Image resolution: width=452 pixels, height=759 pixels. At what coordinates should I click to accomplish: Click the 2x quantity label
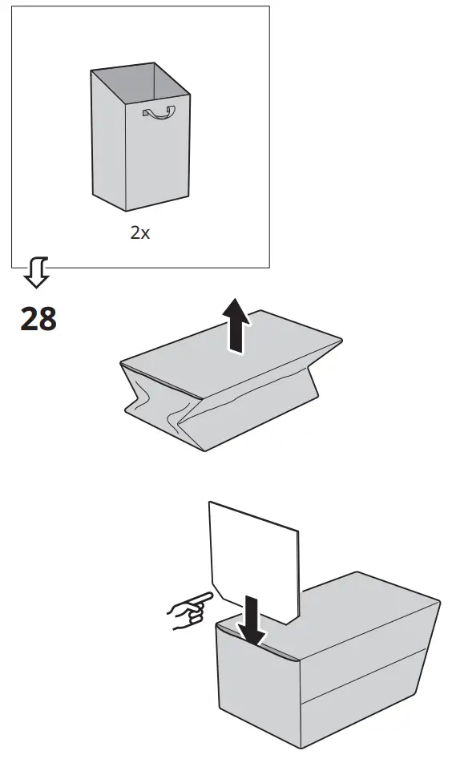tap(140, 234)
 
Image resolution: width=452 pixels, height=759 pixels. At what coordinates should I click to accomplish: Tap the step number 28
tap(38, 318)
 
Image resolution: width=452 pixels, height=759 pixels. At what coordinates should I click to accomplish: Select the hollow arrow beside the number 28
tap(36, 273)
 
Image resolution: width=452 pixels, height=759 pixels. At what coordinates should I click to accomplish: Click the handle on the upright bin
tap(158, 113)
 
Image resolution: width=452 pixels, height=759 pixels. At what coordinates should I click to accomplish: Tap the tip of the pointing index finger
tap(212, 595)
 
